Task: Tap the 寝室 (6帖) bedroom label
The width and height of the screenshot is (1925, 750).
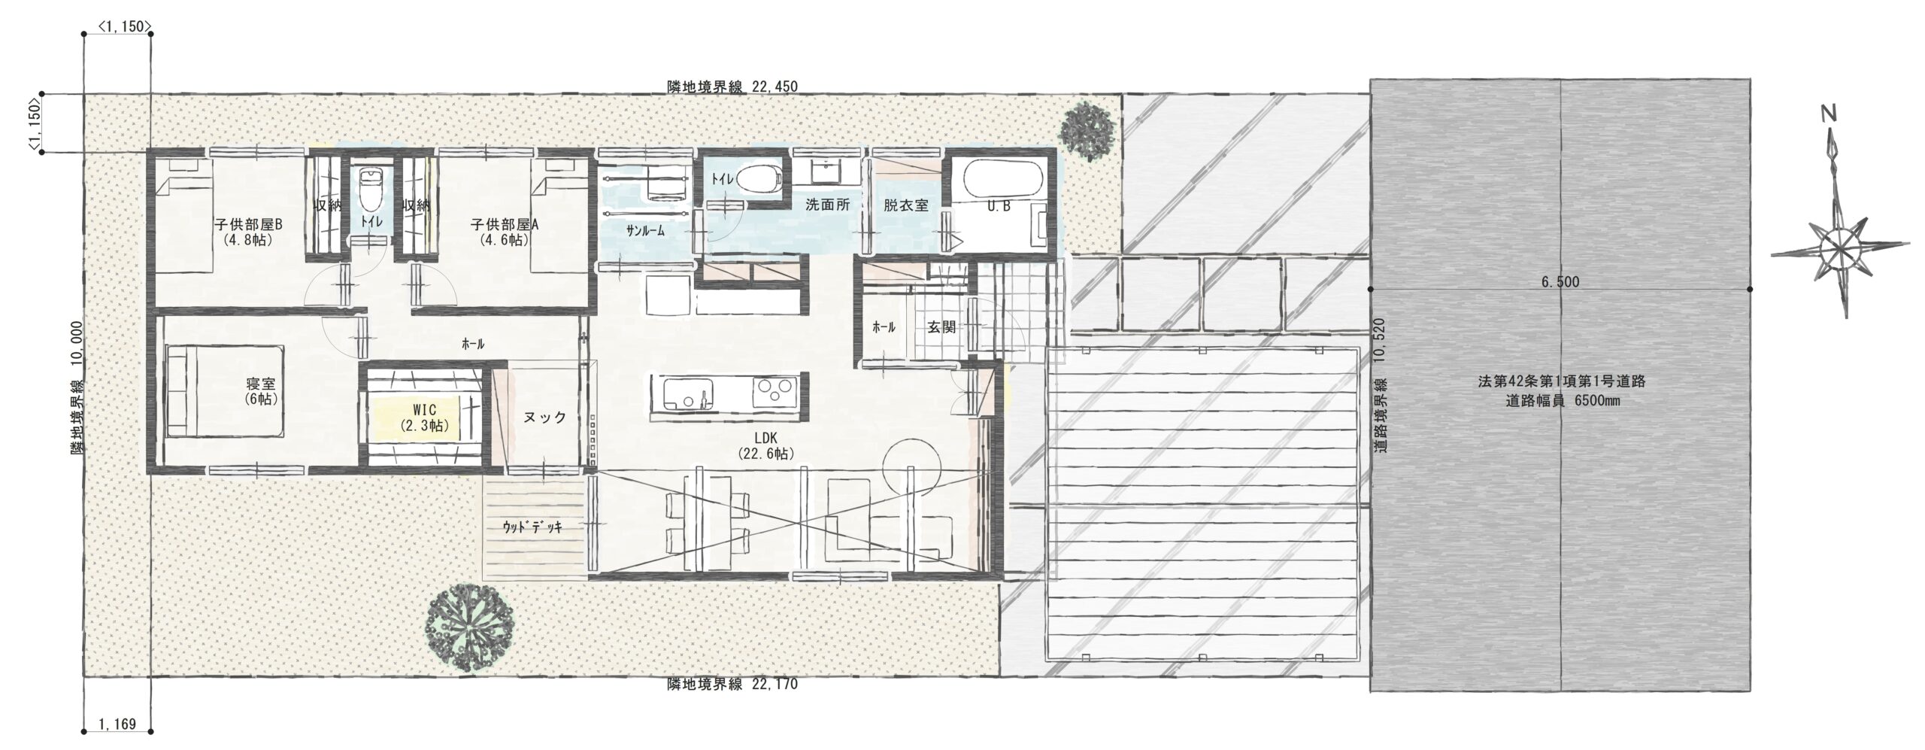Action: pyautogui.click(x=261, y=392)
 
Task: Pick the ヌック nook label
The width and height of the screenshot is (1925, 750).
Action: pyautogui.click(x=544, y=418)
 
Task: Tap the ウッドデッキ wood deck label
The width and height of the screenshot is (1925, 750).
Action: pyautogui.click(x=532, y=527)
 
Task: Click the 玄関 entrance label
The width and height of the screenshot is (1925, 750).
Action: pyautogui.click(x=941, y=327)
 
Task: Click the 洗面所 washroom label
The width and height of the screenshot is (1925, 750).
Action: pyautogui.click(x=827, y=205)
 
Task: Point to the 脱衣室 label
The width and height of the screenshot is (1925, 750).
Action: pyautogui.click(x=905, y=205)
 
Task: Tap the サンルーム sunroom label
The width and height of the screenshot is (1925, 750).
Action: pyautogui.click(x=645, y=232)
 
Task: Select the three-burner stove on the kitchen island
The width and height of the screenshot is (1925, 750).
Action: pyautogui.click(x=775, y=392)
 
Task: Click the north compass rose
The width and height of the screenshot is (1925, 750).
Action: pyautogui.click(x=1839, y=248)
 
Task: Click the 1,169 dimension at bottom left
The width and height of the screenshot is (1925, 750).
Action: pyautogui.click(x=117, y=725)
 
